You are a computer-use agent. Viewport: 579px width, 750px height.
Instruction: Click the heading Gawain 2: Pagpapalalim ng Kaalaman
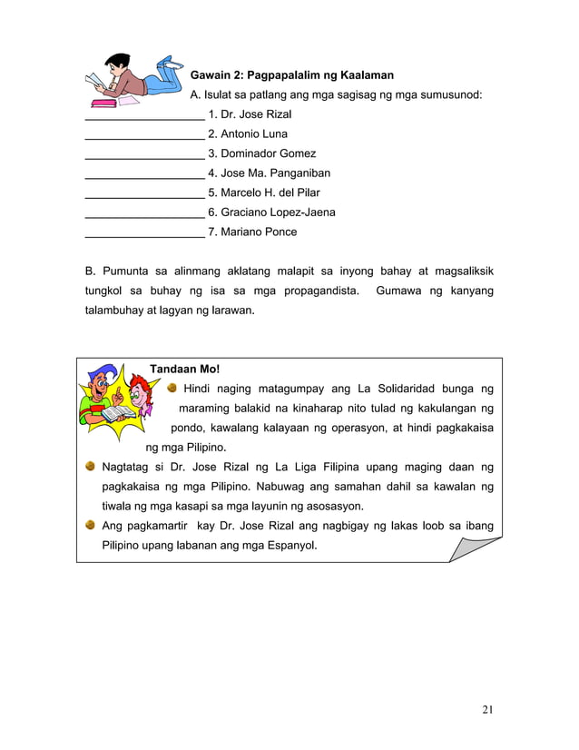(x=291, y=75)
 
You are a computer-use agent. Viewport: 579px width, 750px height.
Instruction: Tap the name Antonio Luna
(x=248, y=134)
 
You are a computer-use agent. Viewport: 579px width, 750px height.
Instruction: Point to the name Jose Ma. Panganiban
(x=269, y=173)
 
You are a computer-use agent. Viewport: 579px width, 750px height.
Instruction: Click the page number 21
(x=488, y=709)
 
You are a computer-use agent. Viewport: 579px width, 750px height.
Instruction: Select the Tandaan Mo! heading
(x=184, y=370)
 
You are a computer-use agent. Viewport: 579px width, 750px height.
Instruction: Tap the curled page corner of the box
(x=478, y=548)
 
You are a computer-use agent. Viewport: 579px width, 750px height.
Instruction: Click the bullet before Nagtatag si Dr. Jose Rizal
(x=91, y=468)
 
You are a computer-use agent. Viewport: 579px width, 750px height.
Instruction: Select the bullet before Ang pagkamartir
(x=91, y=526)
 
